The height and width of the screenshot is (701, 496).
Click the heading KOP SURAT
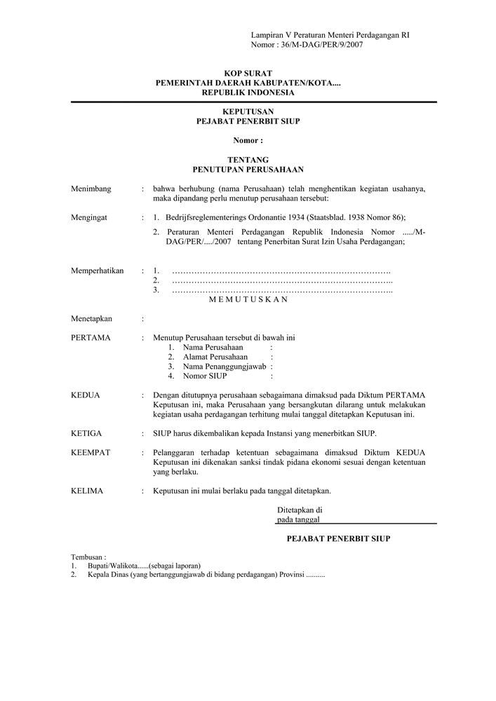[x=248, y=74]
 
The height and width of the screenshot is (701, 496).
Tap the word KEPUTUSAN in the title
[x=248, y=112]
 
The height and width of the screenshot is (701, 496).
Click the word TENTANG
[x=248, y=160]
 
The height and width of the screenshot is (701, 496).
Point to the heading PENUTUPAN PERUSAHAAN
[x=248, y=170]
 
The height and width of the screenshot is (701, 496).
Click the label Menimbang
[x=91, y=189]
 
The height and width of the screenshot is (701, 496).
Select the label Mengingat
[x=89, y=218]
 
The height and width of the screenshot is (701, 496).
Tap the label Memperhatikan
[x=98, y=271]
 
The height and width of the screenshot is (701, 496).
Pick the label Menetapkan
[x=91, y=318]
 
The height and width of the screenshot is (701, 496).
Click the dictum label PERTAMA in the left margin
[x=91, y=338]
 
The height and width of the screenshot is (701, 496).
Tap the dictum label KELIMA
[x=87, y=491]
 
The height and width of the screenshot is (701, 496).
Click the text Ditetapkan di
[x=300, y=510]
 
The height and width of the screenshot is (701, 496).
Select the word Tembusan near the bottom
[x=88, y=557]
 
